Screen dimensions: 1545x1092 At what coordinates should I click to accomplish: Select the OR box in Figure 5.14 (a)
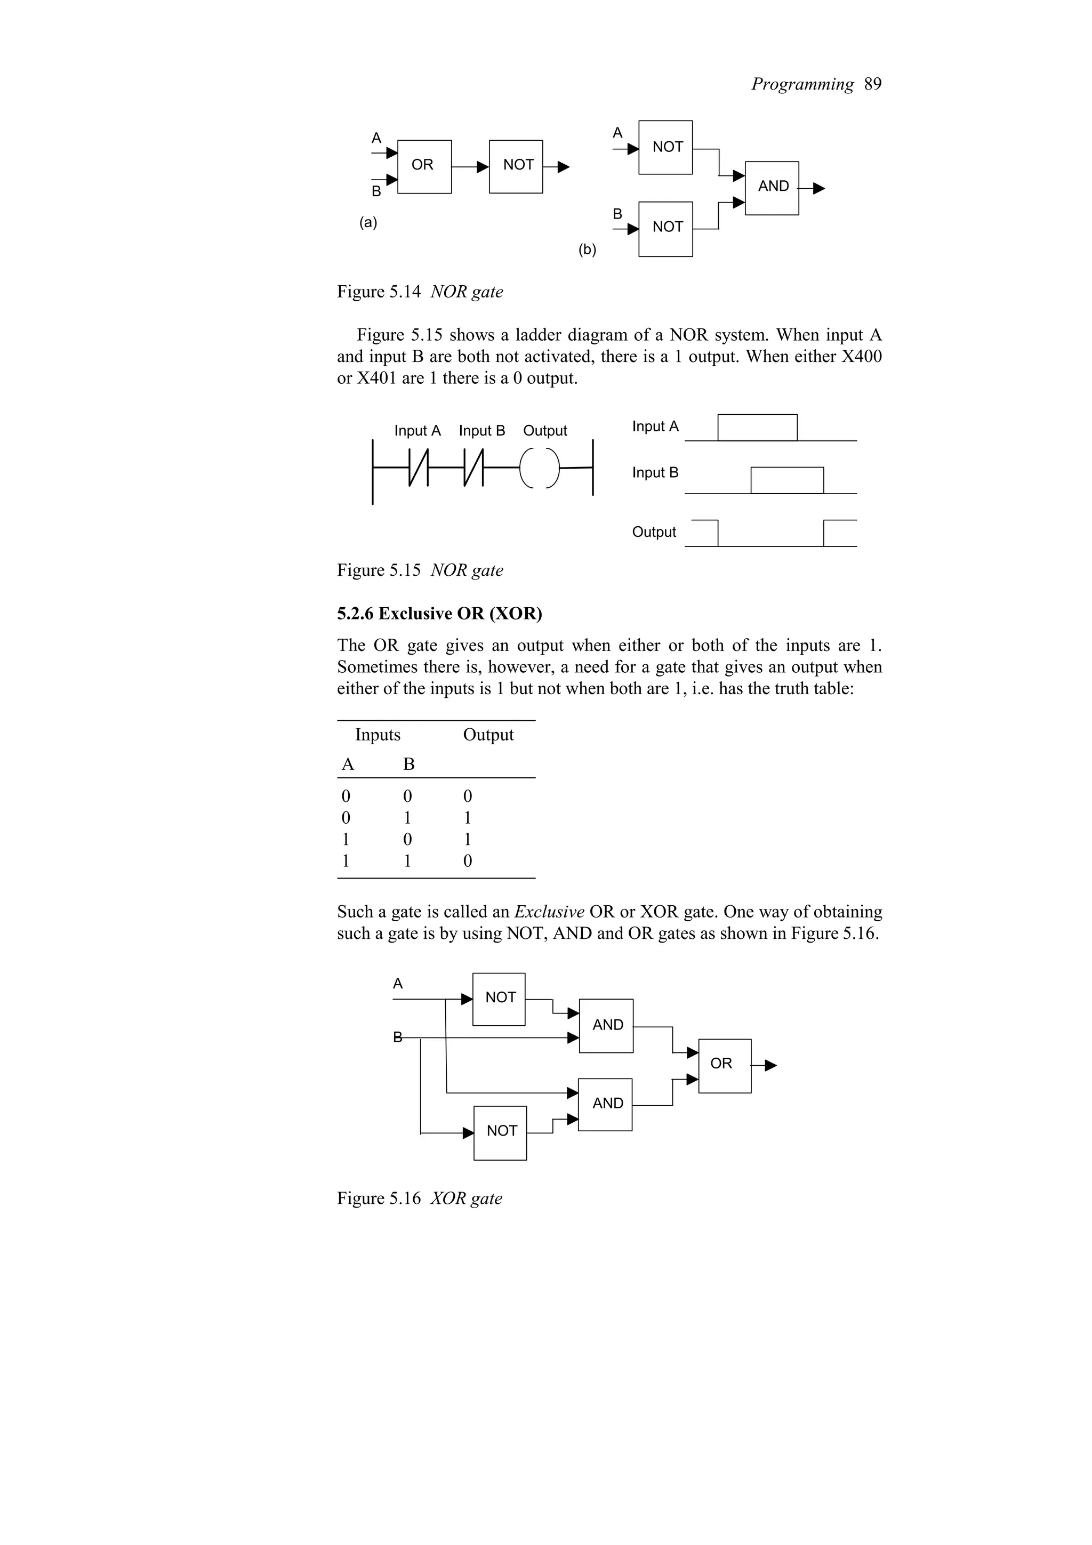[424, 166]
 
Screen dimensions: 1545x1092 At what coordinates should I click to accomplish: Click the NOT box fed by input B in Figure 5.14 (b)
[665, 229]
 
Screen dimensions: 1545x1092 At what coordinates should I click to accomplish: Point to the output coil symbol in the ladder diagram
[540, 467]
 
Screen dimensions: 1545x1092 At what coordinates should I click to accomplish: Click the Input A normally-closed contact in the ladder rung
[418, 467]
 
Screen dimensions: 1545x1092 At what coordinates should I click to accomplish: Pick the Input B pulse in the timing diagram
[786, 480]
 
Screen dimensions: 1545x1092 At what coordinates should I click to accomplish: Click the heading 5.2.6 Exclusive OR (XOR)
[439, 613]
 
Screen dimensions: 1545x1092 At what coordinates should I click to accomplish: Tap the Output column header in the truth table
[488, 734]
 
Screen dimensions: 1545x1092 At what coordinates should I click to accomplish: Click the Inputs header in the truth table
[378, 734]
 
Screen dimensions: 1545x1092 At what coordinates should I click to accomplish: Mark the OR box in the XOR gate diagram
[725, 1065]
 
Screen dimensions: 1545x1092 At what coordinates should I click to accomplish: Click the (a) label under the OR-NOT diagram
[368, 223]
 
